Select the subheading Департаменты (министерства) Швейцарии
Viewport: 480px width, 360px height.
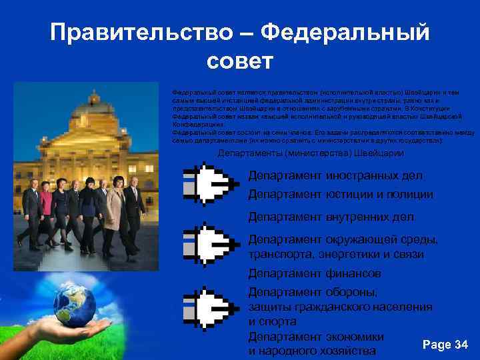click(x=311, y=153)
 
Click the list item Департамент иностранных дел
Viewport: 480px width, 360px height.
click(x=335, y=176)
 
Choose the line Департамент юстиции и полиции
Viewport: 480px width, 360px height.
click(x=340, y=195)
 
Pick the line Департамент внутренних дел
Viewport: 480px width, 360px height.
click(x=332, y=217)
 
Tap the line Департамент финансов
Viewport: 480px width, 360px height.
click(x=315, y=273)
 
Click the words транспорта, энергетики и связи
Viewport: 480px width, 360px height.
click(x=336, y=255)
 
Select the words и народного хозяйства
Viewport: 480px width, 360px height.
click(x=312, y=351)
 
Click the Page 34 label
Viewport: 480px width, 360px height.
click(x=445, y=344)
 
